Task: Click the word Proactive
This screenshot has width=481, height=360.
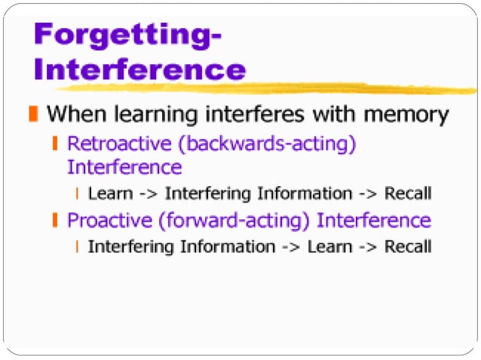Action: click(x=106, y=221)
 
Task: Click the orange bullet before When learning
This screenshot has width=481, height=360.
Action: click(x=32, y=115)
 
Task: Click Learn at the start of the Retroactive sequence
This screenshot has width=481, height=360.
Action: click(x=110, y=194)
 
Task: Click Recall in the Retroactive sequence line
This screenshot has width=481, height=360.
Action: click(x=407, y=194)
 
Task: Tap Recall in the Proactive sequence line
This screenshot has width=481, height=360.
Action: click(x=407, y=246)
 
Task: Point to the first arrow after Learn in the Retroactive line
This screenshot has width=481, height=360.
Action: click(x=149, y=194)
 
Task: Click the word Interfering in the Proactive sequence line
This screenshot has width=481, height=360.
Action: click(x=124, y=246)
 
